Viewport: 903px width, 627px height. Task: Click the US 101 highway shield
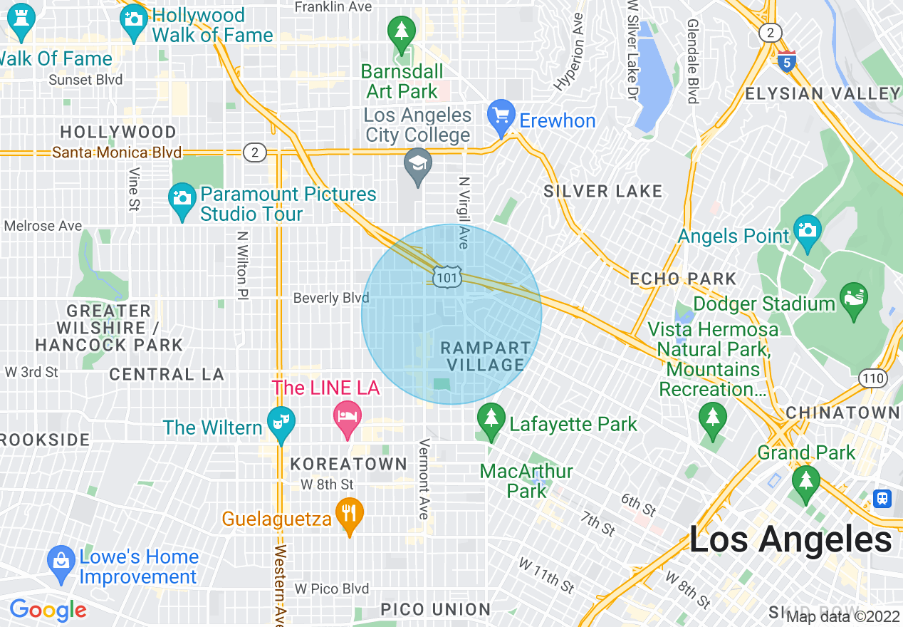(447, 277)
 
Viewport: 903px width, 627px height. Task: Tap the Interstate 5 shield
(787, 61)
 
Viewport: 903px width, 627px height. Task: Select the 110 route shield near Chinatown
(872, 378)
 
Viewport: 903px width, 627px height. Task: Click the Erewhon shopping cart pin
(501, 116)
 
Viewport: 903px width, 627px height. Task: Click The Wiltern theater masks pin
(281, 423)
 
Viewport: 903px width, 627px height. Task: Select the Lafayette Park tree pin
(491, 420)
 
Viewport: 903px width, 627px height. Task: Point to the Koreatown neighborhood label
(348, 465)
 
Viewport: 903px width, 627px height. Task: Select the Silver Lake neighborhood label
(602, 191)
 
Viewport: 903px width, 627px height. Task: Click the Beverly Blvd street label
(331, 298)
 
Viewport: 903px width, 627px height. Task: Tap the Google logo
(48, 610)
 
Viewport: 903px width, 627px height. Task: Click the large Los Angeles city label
(790, 540)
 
